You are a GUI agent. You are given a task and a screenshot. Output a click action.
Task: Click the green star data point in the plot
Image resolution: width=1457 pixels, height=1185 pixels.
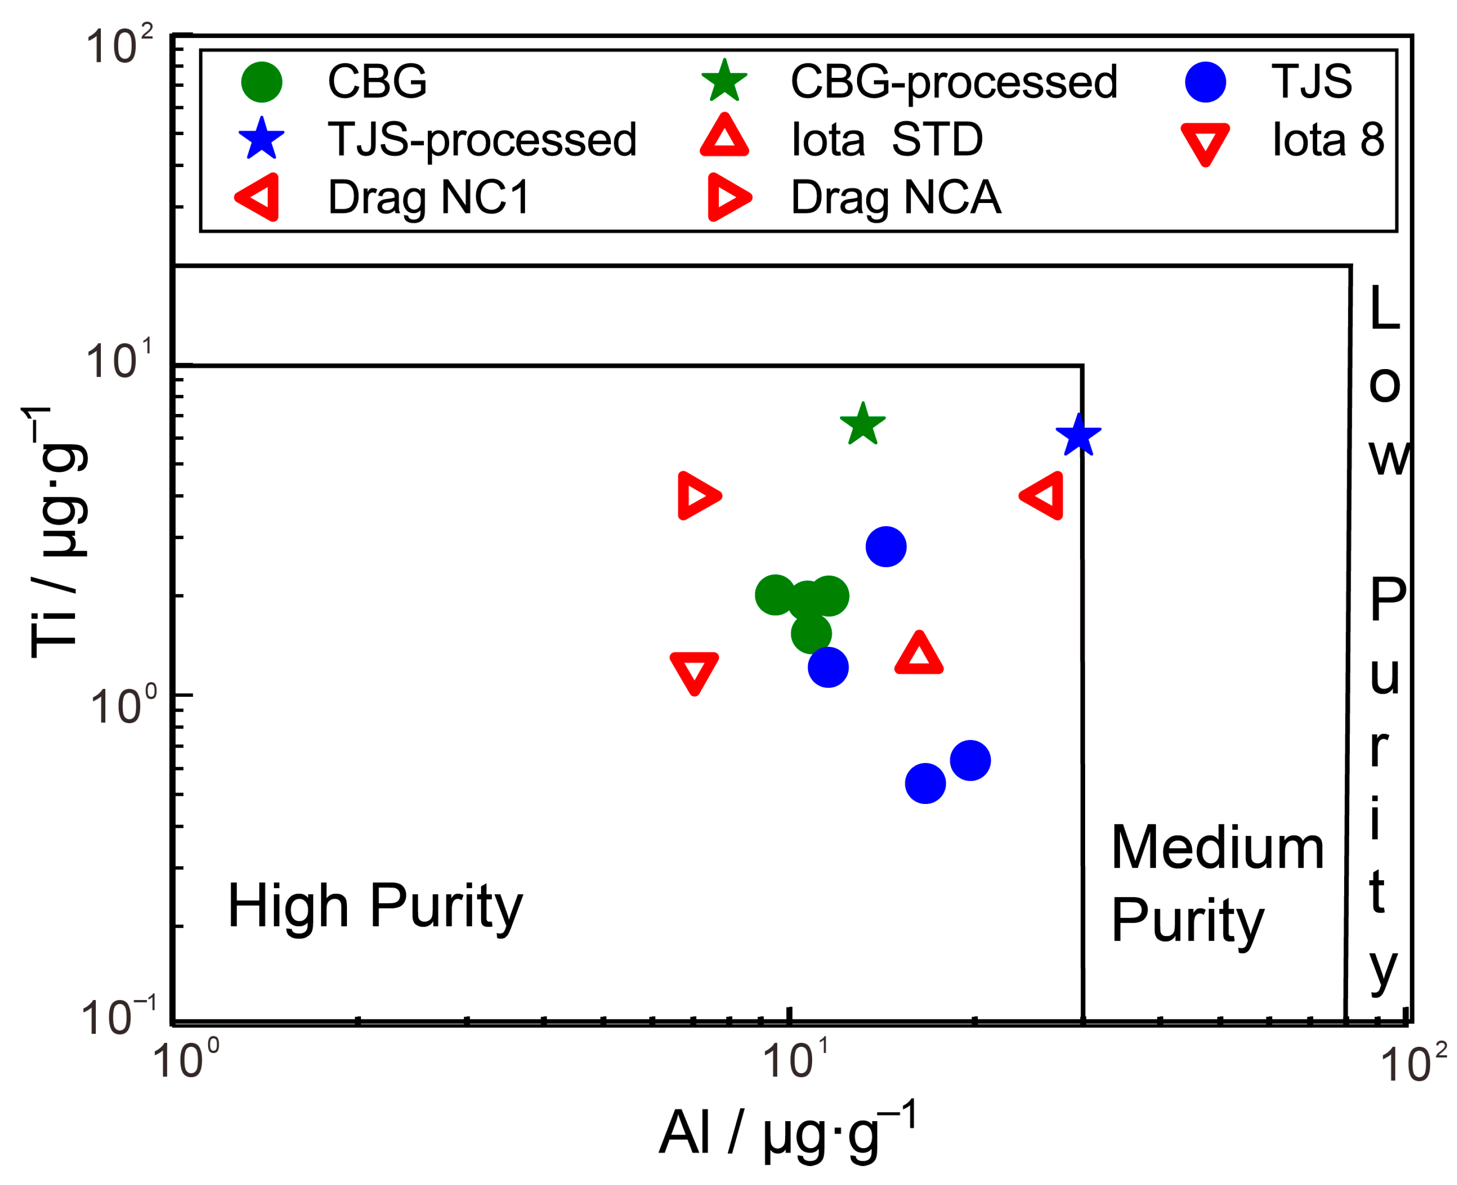pos(862,424)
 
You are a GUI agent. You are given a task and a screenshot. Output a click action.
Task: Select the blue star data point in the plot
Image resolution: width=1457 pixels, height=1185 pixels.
pos(1078,435)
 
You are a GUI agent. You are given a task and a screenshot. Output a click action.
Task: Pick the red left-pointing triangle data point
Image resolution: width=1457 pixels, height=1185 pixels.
pos(1043,496)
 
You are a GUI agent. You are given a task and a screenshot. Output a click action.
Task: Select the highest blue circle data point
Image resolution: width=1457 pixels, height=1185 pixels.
pos(885,547)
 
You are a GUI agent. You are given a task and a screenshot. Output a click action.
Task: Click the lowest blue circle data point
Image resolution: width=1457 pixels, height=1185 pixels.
pos(925,784)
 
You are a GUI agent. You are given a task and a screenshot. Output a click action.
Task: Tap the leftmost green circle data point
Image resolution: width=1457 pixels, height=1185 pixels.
pos(775,594)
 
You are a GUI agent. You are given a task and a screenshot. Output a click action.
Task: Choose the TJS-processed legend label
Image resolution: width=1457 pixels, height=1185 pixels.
pos(482,141)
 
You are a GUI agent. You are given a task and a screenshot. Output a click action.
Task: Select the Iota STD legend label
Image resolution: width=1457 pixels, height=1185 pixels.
pos(886,140)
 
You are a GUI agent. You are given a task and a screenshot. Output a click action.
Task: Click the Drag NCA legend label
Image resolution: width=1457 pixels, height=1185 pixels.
pos(895,198)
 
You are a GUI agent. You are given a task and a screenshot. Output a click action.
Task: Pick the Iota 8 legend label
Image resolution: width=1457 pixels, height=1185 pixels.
pos(1327,140)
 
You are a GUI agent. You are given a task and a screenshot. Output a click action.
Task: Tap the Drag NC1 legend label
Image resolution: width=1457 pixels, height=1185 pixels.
pos(428,198)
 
